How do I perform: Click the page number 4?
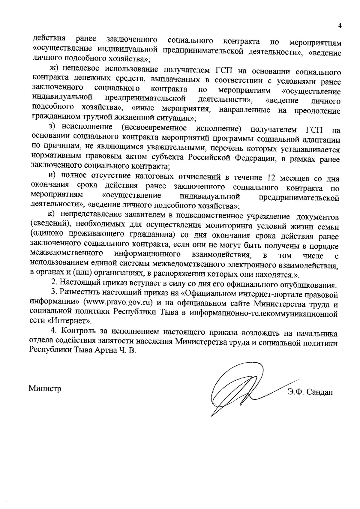click(340, 26)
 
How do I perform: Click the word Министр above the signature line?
click(45, 389)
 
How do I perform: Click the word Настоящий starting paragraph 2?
click(77, 283)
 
